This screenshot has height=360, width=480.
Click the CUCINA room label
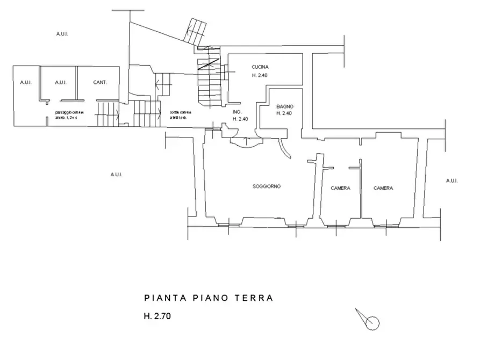260,67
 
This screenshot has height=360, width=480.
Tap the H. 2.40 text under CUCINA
260,76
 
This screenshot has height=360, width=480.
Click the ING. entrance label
236,112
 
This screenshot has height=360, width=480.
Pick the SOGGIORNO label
267,187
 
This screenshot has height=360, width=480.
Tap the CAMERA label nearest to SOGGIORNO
341,189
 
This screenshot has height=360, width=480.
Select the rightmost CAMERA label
384,189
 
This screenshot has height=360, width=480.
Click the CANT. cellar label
99,83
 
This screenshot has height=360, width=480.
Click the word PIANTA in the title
160,297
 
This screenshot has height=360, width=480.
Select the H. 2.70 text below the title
157,316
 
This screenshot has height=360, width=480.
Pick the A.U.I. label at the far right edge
451,181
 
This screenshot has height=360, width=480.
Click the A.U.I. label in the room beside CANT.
61,83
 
